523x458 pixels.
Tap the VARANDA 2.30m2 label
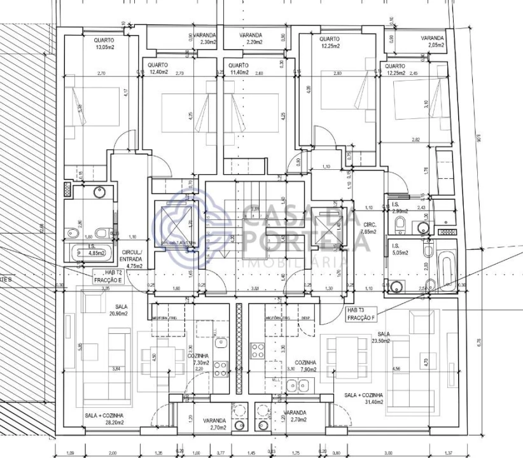[x=204, y=38]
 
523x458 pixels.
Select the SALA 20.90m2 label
[x=116, y=310]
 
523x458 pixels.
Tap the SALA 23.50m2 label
[x=384, y=338]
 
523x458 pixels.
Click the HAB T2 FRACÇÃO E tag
[x=106, y=276]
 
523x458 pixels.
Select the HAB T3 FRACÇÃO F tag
[x=361, y=314]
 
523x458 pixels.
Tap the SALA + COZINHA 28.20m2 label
[x=104, y=419]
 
